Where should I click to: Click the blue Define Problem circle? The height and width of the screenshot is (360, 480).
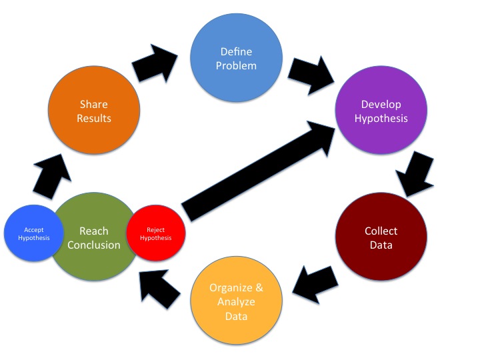(233, 59)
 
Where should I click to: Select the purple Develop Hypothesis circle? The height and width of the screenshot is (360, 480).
(380, 112)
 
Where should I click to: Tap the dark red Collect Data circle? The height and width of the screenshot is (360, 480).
(381, 238)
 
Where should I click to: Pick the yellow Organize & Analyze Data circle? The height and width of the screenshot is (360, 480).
(236, 302)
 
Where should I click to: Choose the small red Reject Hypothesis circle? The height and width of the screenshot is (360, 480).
(155, 233)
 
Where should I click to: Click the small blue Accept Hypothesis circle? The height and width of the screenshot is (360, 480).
(32, 233)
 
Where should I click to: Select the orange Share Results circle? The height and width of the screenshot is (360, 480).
(94, 111)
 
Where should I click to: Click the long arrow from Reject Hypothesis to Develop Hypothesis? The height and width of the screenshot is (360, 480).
(259, 173)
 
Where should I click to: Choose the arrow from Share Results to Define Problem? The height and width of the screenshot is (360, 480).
(155, 63)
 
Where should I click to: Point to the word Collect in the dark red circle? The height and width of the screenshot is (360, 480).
(381, 231)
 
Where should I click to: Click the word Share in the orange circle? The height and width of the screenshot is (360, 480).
(94, 105)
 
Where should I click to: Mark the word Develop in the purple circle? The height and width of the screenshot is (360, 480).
(381, 105)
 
